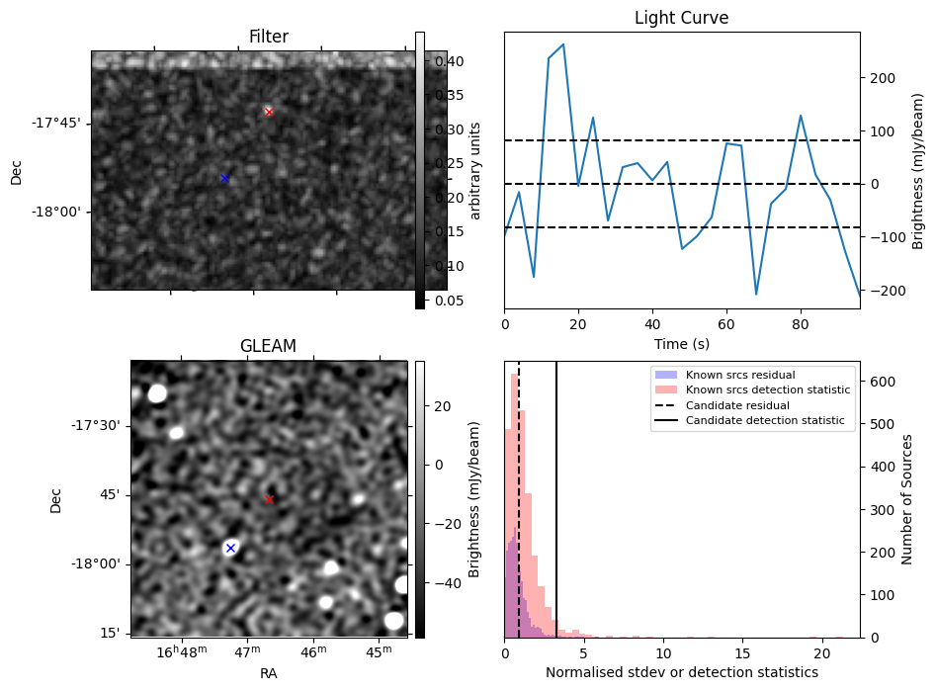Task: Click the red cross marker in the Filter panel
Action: [x=269, y=112]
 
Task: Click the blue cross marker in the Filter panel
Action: [x=224, y=178]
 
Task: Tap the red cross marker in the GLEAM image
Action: [x=269, y=499]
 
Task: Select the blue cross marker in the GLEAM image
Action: [x=230, y=548]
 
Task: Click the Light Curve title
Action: [x=681, y=19]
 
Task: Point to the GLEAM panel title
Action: [x=268, y=346]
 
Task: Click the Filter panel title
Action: [x=269, y=38]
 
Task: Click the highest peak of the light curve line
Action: [x=563, y=44]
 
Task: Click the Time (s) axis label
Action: [x=681, y=344]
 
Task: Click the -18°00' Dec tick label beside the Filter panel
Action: [x=55, y=212]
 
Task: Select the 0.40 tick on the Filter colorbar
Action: [x=440, y=61]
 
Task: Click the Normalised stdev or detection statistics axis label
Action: [x=681, y=672]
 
